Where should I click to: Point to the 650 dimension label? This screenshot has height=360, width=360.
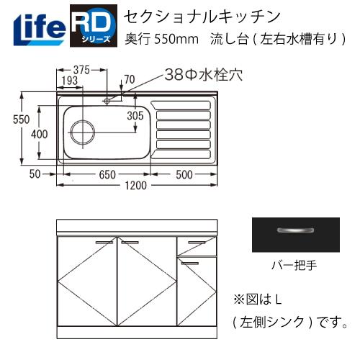(108, 174)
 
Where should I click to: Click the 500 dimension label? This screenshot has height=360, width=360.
(183, 174)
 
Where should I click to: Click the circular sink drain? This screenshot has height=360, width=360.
(81, 134)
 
